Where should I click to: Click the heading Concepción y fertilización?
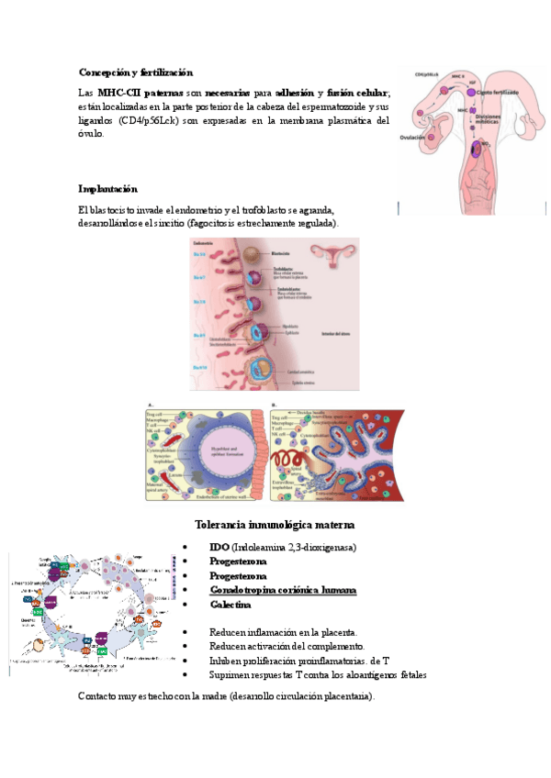click(136, 72)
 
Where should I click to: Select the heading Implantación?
click(107, 189)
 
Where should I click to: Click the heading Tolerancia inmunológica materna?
click(275, 525)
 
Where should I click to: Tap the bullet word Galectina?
click(231, 605)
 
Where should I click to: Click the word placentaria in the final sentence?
click(342, 696)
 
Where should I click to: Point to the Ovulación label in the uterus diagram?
click(413, 138)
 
